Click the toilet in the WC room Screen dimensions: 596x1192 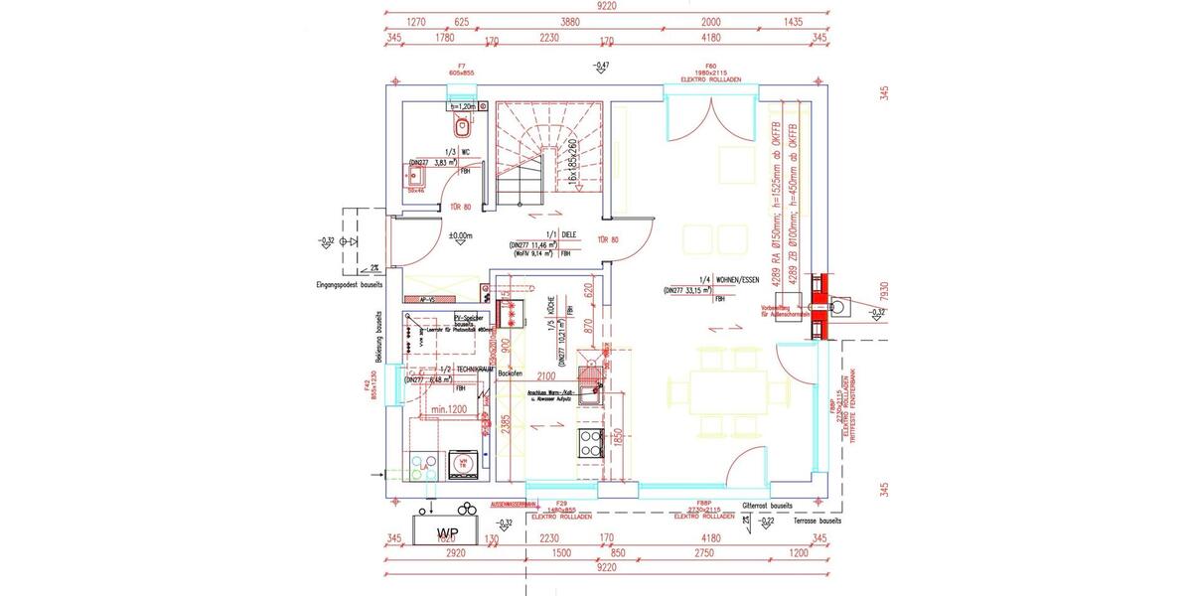(x=461, y=125)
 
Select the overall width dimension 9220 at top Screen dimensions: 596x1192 (x=606, y=6)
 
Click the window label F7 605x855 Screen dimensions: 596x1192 (x=461, y=69)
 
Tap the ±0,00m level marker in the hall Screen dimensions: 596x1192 (x=460, y=235)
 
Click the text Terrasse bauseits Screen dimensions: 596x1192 (x=817, y=520)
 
